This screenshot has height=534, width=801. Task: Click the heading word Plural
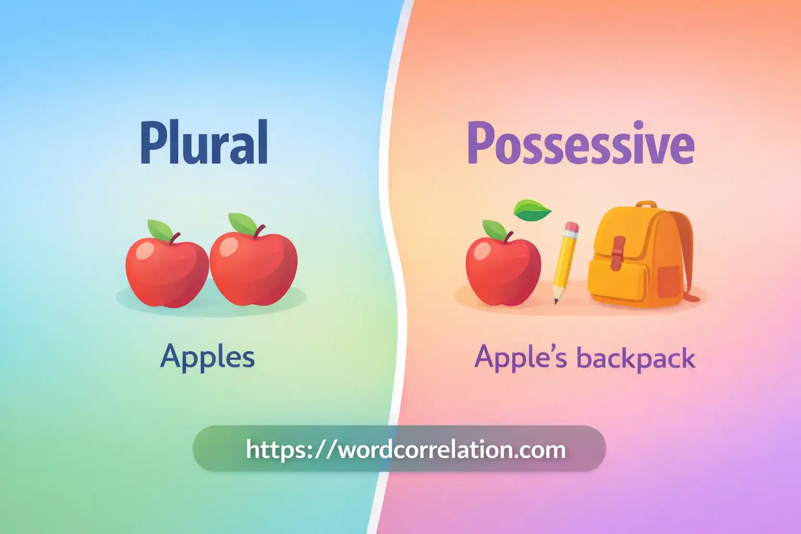(x=204, y=143)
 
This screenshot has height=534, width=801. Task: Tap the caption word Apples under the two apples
(x=208, y=357)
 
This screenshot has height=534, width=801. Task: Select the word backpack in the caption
(x=636, y=359)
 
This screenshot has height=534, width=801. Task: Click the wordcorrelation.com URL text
(x=406, y=449)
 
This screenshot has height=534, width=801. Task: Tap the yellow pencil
(x=564, y=261)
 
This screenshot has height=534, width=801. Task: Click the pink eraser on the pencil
(x=572, y=228)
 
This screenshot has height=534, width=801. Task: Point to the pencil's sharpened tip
(x=556, y=300)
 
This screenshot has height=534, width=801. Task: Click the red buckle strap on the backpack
(x=618, y=252)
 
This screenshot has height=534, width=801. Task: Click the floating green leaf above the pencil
(x=532, y=210)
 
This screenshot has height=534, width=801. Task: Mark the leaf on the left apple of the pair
(x=160, y=229)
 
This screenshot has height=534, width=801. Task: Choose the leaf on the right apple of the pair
(x=242, y=223)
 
